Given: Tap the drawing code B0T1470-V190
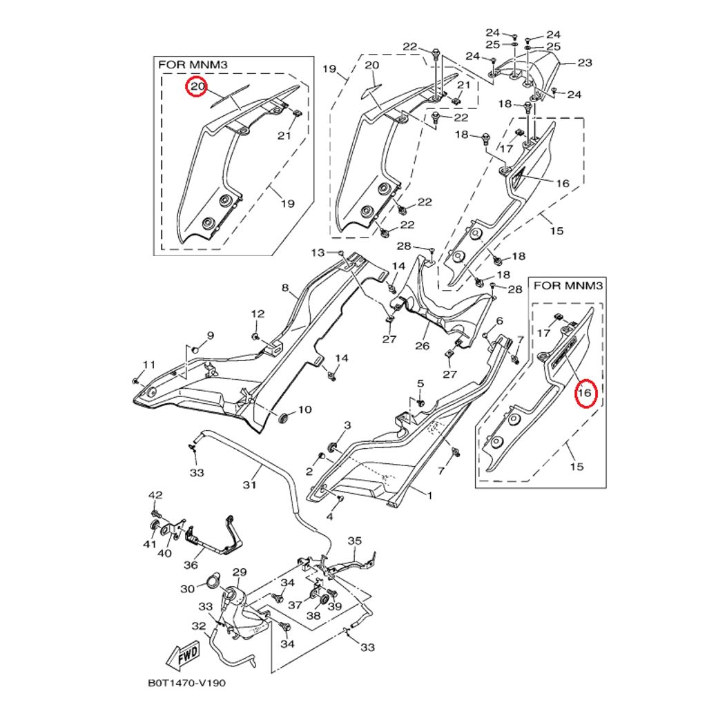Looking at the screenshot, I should [x=186, y=684].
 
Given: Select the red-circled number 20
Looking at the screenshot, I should [x=197, y=87].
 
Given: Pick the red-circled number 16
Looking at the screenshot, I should [x=584, y=394].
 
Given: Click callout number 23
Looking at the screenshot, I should [x=585, y=63].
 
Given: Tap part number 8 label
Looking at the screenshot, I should [x=284, y=287].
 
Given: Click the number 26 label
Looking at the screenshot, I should [x=422, y=345].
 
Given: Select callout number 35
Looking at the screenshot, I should [x=354, y=541].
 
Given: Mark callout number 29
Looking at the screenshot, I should [x=239, y=572].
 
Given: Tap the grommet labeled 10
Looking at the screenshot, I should [x=283, y=418].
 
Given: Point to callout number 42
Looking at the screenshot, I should [x=155, y=495].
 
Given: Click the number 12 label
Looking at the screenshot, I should [x=258, y=314].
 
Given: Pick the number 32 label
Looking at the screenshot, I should [x=199, y=626].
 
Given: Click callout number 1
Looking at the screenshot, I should [x=429, y=495].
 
